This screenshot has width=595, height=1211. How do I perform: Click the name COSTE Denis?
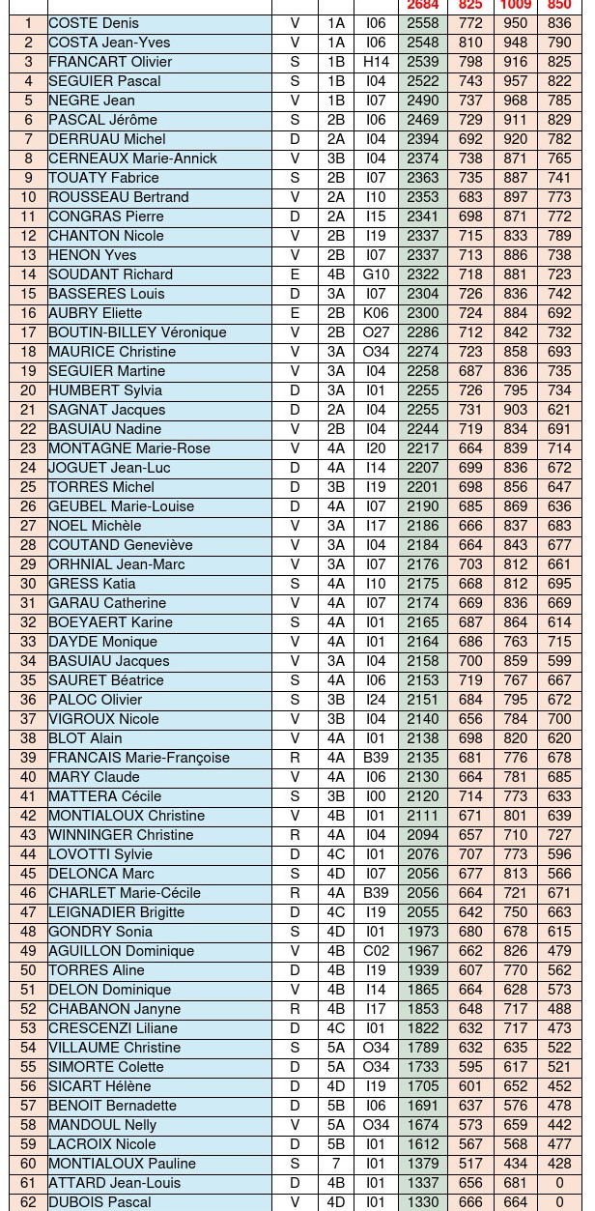coord(94,23)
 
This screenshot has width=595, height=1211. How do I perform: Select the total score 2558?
coord(423,23)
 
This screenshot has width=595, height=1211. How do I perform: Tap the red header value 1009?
coord(516,6)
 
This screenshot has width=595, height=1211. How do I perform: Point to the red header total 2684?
coord(423,6)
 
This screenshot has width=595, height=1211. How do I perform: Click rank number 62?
coord(28,1202)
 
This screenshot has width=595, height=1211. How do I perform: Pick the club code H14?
coord(376,62)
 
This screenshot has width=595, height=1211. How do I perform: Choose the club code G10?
coord(376,274)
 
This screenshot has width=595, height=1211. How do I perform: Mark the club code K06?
coord(376,313)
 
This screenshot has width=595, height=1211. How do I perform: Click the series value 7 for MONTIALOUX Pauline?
coord(335,1164)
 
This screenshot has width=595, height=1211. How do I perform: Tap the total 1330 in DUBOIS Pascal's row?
coord(423,1202)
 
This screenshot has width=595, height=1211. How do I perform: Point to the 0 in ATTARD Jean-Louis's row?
coord(559,1183)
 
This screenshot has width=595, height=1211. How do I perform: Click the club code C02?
coord(376,951)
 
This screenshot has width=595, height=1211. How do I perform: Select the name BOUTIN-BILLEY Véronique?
coord(137,332)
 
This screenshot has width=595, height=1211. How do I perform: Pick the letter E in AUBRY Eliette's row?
coord(295,313)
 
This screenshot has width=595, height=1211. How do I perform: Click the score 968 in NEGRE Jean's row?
coord(516,101)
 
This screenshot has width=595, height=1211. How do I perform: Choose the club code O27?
coord(376,332)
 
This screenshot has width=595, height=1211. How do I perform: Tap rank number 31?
coord(28,603)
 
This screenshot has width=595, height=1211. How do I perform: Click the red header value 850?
coord(559,6)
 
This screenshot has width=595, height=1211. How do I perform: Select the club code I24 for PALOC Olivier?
coord(376,700)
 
